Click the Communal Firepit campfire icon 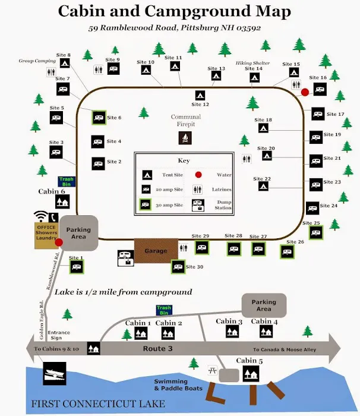pos(185,138)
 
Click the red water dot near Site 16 pos(305,92)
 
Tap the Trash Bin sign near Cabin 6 pos(66,181)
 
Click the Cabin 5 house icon pos(251,374)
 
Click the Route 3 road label pos(157,349)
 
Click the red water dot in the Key pos(199,175)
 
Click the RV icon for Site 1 pos(76,267)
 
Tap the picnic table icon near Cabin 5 pos(211,370)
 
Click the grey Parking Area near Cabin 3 pos(264,305)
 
